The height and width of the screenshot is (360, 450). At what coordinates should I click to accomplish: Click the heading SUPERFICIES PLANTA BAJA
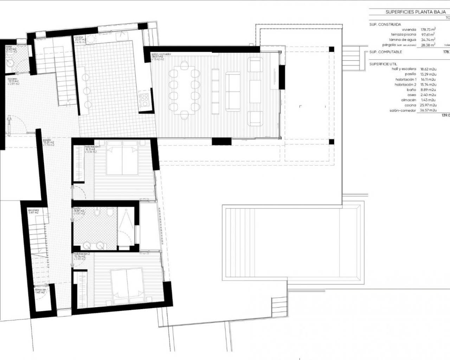(x=415, y=12)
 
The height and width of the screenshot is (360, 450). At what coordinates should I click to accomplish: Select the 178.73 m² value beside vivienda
(x=428, y=30)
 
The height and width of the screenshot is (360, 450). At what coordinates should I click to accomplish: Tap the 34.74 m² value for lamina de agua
(x=428, y=40)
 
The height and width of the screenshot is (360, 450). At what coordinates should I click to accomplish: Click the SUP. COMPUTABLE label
(x=386, y=52)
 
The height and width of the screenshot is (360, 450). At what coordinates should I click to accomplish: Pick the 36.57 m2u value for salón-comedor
(x=428, y=110)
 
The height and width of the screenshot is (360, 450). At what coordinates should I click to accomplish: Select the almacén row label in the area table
(x=409, y=100)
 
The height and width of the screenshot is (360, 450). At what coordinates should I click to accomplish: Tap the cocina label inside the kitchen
(x=78, y=37)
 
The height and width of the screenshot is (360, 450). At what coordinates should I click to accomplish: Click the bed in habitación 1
(x=122, y=161)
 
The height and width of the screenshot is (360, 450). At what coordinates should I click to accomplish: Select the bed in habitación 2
(x=127, y=286)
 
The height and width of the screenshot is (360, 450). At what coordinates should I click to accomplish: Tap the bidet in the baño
(x=97, y=212)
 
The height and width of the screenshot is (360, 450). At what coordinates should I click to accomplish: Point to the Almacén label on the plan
(x=40, y=290)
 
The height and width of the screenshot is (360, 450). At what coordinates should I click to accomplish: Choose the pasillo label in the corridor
(x=47, y=140)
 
